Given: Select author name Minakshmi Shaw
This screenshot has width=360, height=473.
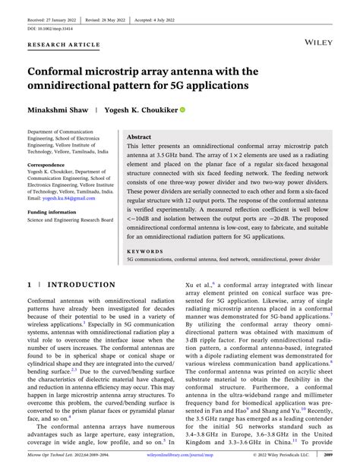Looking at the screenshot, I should [58, 109].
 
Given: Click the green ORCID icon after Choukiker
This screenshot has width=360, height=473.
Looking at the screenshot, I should [182, 110].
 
